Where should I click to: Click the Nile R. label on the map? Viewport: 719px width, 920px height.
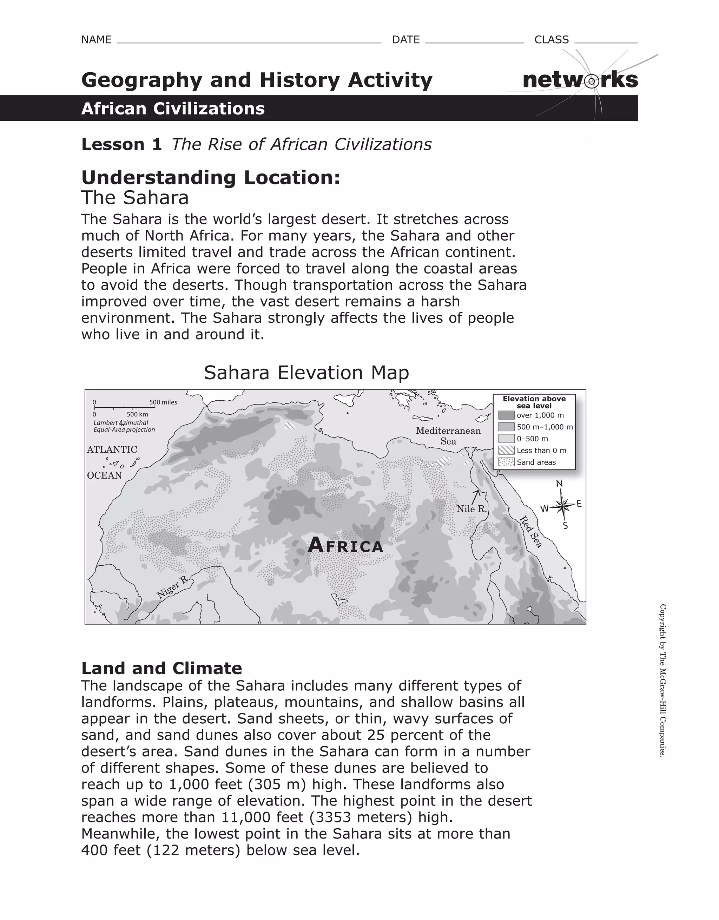471,509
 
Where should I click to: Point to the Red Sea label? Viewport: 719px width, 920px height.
531,532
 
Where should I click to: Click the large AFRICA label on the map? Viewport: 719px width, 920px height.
345,546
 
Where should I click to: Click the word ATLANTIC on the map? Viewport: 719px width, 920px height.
112,449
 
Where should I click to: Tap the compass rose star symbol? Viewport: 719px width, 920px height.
563,505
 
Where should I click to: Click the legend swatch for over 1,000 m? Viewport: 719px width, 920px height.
506,415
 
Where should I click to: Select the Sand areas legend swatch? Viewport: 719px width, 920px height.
506,462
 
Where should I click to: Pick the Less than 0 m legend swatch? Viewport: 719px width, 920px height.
506,450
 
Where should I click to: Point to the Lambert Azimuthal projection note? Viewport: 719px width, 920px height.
124,426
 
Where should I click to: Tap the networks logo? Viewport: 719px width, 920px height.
580,80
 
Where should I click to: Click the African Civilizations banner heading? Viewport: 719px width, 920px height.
173,109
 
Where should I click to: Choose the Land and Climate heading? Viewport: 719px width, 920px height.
161,669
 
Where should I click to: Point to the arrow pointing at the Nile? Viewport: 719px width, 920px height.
476,496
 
